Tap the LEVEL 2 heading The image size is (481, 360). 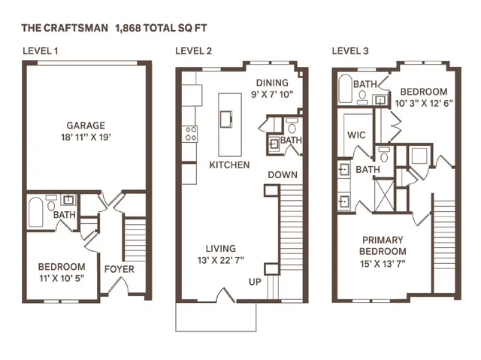coord(193,51)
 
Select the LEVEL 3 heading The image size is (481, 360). coord(350,51)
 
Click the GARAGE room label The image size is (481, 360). coord(86,126)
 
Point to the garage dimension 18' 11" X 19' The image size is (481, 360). coord(86,138)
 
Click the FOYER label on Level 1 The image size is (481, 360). coord(119,268)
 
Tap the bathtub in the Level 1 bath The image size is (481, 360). coord(36,211)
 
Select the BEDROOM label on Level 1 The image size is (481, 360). coord(62,267)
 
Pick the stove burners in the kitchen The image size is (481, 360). coord(191,134)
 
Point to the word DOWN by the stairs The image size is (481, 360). coord(282,175)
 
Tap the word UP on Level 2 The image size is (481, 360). coord(256,282)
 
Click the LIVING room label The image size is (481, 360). coord(220,249)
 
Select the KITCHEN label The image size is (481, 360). coord(229,164)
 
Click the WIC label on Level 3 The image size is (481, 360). coord(356,136)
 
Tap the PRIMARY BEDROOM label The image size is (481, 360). coord(383,245)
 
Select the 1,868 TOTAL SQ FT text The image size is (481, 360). coord(161,28)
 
